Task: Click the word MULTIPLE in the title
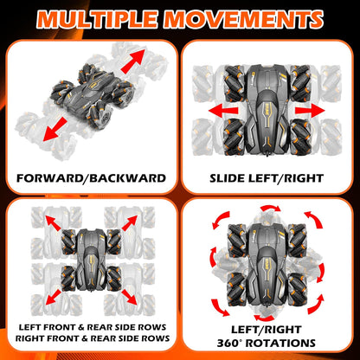(98, 19)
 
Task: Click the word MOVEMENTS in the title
(244, 19)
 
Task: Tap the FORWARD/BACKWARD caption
(91, 178)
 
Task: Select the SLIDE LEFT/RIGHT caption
(267, 178)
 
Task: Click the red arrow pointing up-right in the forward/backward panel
(132, 61)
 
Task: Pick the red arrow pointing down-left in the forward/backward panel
(55, 129)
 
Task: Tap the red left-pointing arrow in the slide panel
(223, 111)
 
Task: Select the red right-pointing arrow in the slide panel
(310, 111)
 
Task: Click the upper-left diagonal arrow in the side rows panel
(53, 222)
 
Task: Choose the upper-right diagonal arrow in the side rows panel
(130, 222)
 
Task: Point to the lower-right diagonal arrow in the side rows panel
(129, 297)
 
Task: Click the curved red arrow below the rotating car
(265, 318)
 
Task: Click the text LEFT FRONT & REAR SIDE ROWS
(93, 327)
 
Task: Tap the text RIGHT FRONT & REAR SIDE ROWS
(93, 338)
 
